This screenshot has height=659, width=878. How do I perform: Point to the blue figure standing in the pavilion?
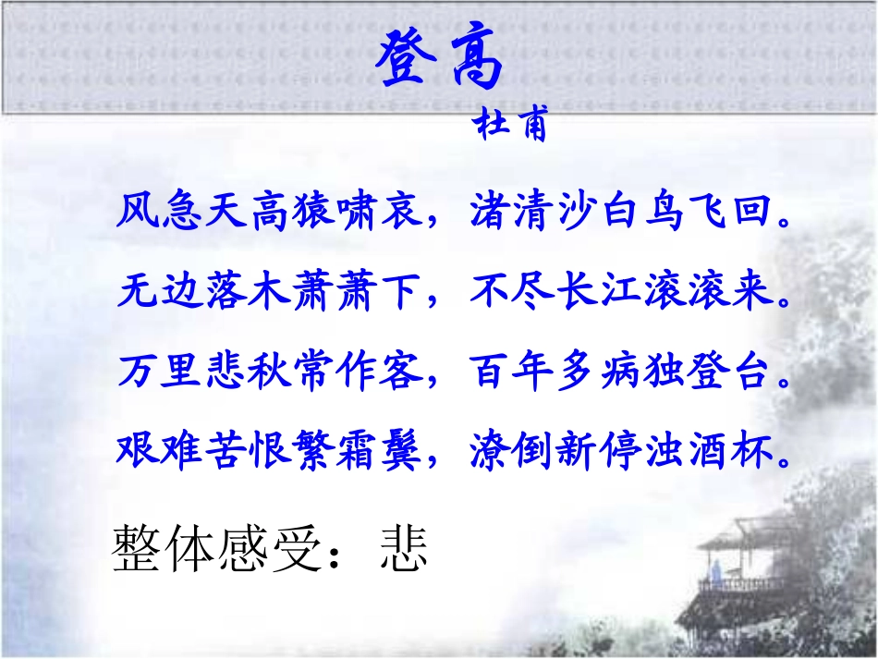click(x=713, y=573)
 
